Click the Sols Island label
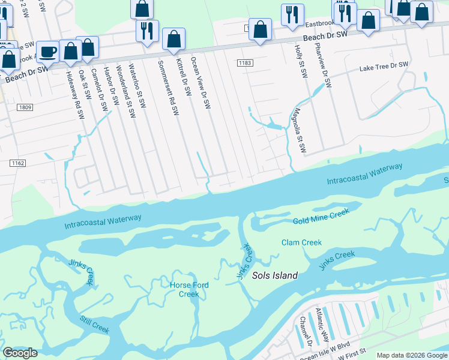click(x=274, y=275)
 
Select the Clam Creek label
click(x=301, y=242)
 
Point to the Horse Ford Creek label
click(x=189, y=290)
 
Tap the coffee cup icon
click(x=48, y=52)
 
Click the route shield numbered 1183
click(x=244, y=62)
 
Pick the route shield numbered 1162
click(x=18, y=163)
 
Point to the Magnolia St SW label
click(x=298, y=130)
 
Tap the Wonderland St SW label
click(x=126, y=86)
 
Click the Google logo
click(x=20, y=353)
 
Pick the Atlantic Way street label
click(x=323, y=324)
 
